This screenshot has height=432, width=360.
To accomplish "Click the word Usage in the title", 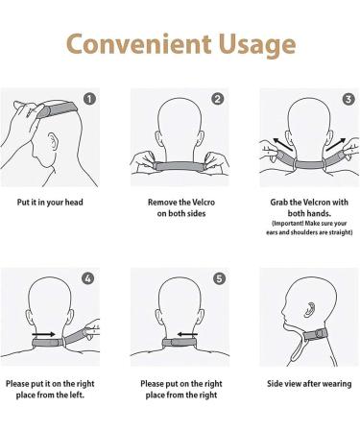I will click(252, 44).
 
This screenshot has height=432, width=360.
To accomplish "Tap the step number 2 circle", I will click(218, 99).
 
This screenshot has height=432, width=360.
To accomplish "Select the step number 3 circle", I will click(347, 99).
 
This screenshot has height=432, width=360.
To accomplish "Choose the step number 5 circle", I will click(218, 279).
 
